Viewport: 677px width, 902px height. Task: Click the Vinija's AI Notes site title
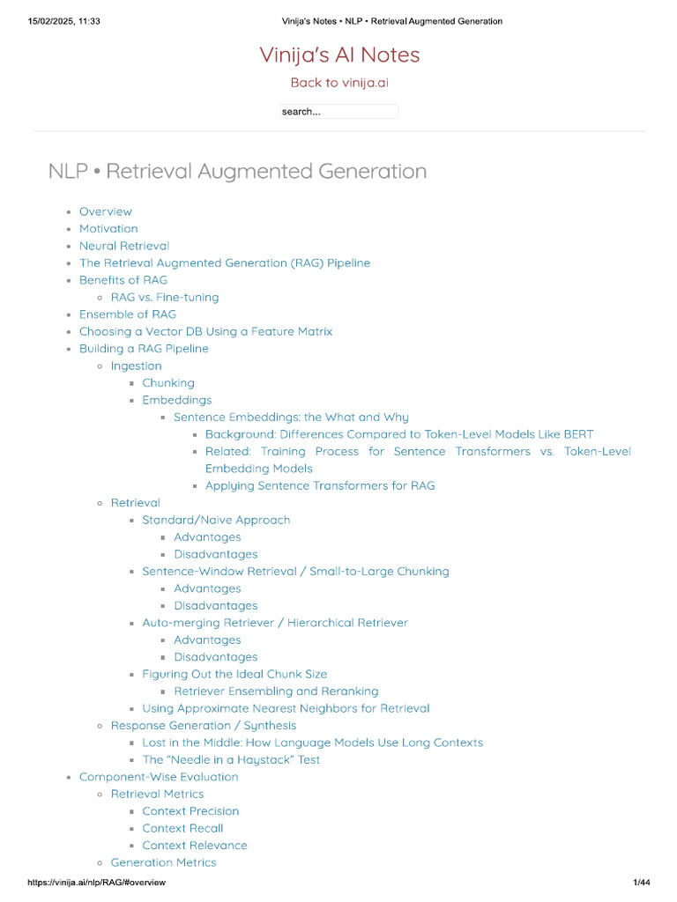click(x=339, y=55)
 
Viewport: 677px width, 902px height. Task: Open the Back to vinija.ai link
click(x=339, y=83)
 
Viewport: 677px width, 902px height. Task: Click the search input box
click(x=339, y=112)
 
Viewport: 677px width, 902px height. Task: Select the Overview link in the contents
click(x=106, y=211)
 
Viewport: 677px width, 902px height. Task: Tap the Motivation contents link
click(x=108, y=229)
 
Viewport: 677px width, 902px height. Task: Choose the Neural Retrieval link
click(x=124, y=246)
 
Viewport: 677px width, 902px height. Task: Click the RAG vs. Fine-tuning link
click(x=165, y=298)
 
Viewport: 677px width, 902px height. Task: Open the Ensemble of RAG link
click(x=128, y=314)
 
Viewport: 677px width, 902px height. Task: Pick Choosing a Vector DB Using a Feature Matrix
click(x=205, y=332)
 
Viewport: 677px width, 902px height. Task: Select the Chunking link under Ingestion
click(x=168, y=383)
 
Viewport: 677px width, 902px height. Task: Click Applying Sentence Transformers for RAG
click(x=320, y=486)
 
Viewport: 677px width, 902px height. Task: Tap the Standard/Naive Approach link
click(x=216, y=521)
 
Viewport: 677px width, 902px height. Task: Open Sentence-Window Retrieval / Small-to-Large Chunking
click(x=295, y=572)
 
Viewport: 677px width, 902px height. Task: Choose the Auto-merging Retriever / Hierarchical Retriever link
click(x=275, y=623)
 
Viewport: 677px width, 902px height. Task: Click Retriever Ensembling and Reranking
click(x=276, y=691)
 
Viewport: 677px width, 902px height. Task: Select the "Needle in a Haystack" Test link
click(x=231, y=760)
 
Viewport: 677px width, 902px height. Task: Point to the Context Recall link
click(x=182, y=829)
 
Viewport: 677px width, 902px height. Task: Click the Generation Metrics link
click(x=163, y=863)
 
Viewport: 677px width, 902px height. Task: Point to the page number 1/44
click(x=641, y=883)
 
